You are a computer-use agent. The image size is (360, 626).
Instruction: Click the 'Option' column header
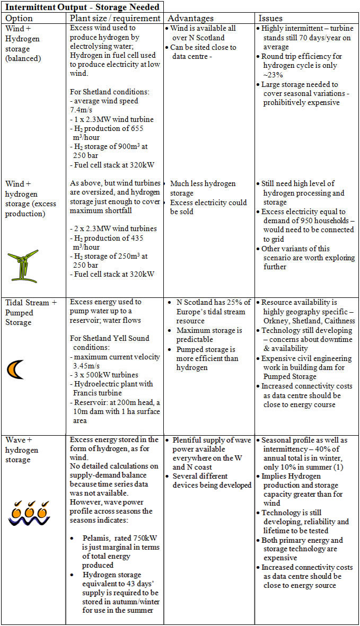click(19, 18)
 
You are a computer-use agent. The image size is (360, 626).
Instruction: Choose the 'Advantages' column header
click(191, 18)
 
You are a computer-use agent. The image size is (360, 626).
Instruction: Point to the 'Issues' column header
click(270, 18)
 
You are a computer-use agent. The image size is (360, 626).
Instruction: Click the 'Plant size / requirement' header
click(115, 18)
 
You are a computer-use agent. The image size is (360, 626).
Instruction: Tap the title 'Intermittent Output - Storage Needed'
click(83, 6)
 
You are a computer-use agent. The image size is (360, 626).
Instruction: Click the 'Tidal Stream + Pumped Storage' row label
click(31, 312)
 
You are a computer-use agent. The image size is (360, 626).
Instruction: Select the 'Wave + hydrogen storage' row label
click(22, 449)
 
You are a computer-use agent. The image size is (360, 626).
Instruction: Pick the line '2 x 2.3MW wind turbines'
click(113, 228)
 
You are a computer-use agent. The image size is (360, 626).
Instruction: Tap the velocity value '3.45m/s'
click(86, 366)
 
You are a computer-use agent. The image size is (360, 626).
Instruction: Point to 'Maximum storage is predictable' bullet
click(206, 334)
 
